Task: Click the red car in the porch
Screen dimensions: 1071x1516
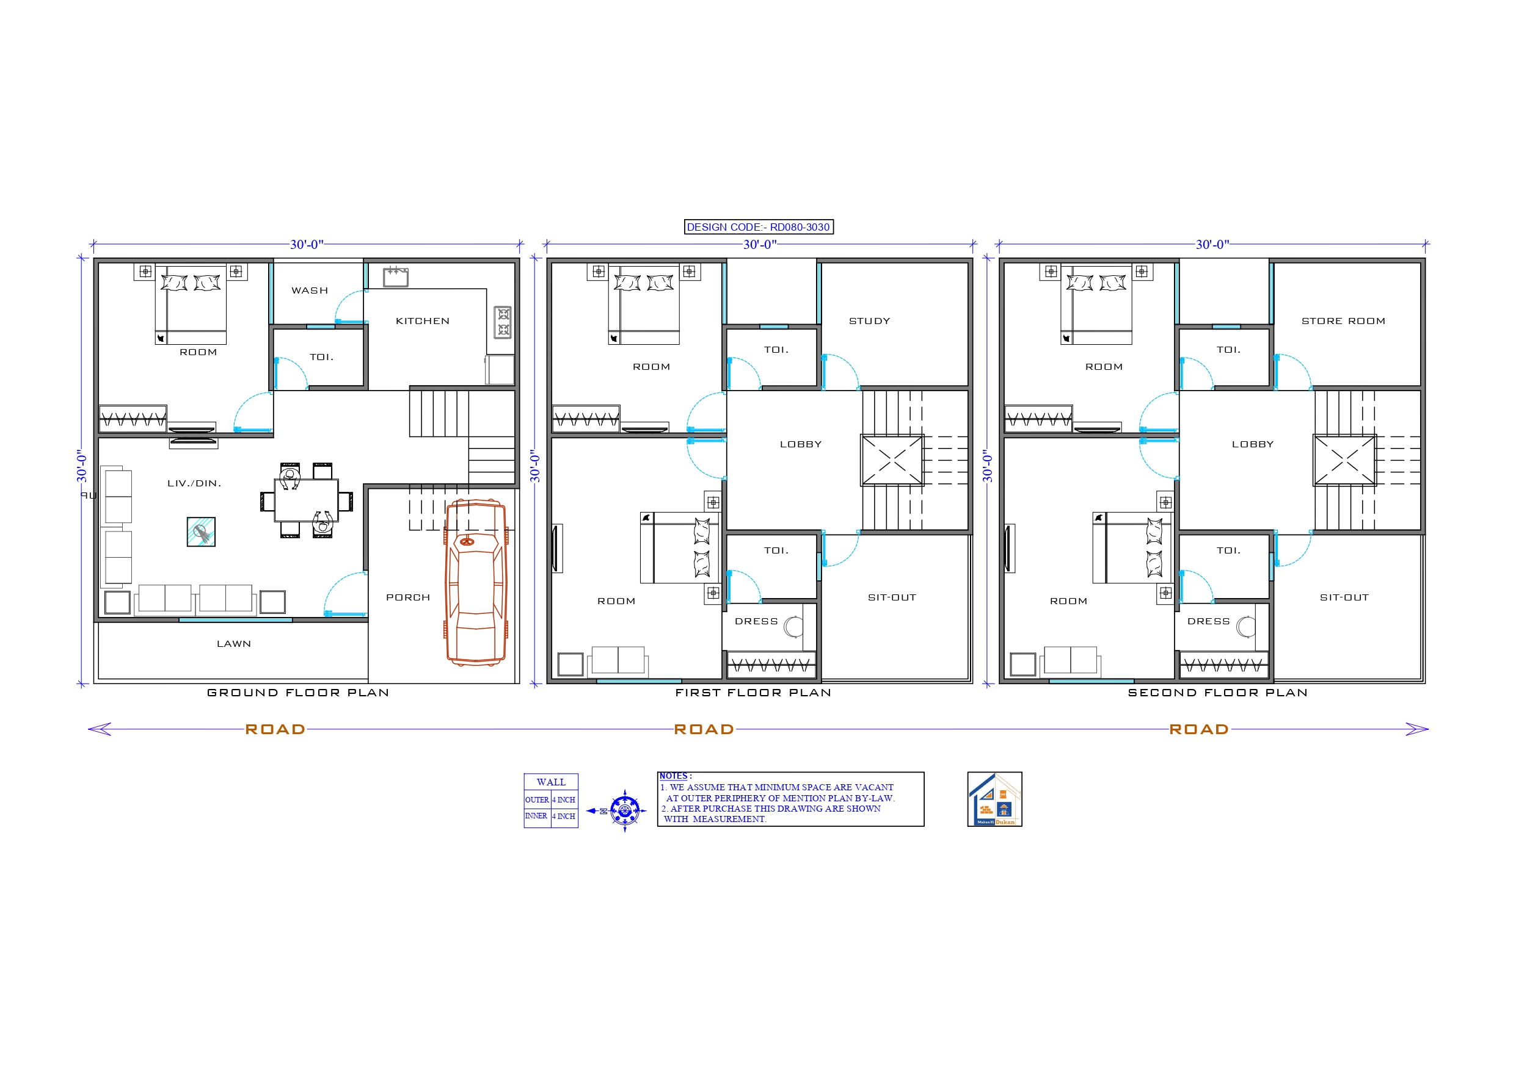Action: pyautogui.click(x=476, y=582)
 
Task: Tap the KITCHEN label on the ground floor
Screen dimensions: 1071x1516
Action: pyautogui.click(x=423, y=322)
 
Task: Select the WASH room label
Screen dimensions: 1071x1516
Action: pyautogui.click(x=310, y=291)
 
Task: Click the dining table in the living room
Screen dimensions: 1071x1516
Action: pyautogui.click(x=307, y=501)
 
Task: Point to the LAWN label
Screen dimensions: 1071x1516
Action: pyautogui.click(x=234, y=644)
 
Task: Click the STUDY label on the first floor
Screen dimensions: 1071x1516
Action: pyautogui.click(x=870, y=322)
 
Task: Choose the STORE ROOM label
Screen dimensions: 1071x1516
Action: pyautogui.click(x=1343, y=322)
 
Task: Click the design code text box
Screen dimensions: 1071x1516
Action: pyautogui.click(x=758, y=227)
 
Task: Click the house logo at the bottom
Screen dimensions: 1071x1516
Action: pyautogui.click(x=994, y=799)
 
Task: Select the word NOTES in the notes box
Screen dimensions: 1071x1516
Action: pyautogui.click(x=674, y=776)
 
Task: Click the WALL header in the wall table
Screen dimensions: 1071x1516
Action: pyautogui.click(x=551, y=782)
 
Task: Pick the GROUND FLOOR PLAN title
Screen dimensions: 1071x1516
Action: pyautogui.click(x=298, y=693)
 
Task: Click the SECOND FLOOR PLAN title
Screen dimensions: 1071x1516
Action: pyautogui.click(x=1217, y=693)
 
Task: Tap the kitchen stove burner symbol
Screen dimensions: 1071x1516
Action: pyautogui.click(x=503, y=322)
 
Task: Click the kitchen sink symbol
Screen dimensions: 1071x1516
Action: pyautogui.click(x=396, y=277)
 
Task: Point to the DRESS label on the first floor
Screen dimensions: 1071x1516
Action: pyautogui.click(x=756, y=622)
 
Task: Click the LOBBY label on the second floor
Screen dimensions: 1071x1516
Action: pyautogui.click(x=1253, y=445)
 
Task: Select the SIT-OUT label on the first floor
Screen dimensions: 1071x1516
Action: pyautogui.click(x=892, y=598)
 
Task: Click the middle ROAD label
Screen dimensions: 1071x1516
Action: pyautogui.click(x=704, y=729)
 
